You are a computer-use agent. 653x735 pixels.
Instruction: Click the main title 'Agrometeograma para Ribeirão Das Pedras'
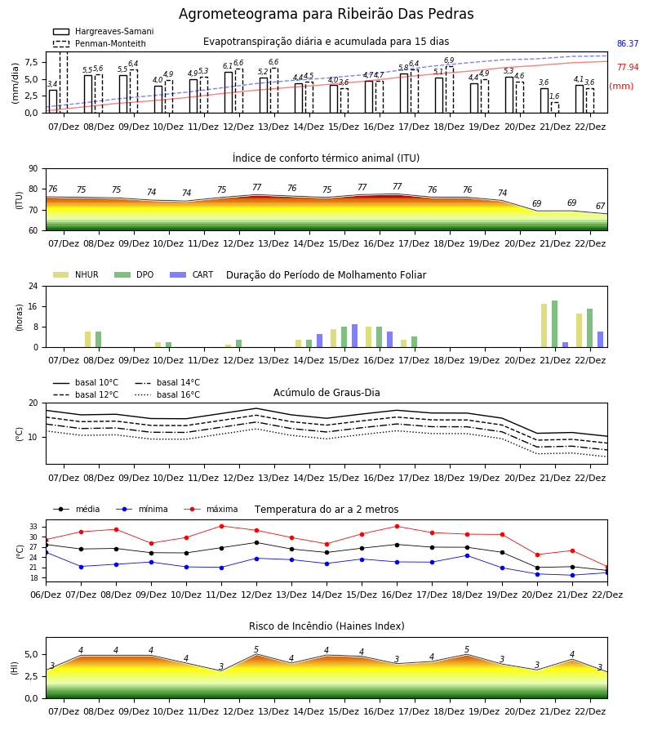pyautogui.click(x=326, y=15)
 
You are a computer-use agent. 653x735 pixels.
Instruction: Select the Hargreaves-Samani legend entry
pyautogui.click(x=104, y=31)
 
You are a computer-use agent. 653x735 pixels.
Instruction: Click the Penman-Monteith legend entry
pyautogui.click(x=100, y=43)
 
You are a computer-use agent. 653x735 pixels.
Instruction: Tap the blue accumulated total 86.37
pyautogui.click(x=628, y=43)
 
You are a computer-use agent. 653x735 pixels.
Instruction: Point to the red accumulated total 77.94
pyautogui.click(x=628, y=68)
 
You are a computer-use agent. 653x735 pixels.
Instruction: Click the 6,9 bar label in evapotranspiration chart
pyautogui.click(x=449, y=60)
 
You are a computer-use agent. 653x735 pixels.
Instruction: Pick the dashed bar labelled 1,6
pyautogui.click(x=554, y=107)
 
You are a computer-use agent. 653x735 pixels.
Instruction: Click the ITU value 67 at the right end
pyautogui.click(x=600, y=207)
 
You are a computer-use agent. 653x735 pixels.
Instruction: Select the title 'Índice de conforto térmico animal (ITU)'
pyautogui.click(x=326, y=158)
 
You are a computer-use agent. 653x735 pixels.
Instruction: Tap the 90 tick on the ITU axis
pyautogui.click(x=33, y=169)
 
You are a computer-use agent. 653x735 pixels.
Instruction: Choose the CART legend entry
pyautogui.click(x=192, y=274)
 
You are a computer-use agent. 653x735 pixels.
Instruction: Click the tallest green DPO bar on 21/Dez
pyautogui.click(x=554, y=324)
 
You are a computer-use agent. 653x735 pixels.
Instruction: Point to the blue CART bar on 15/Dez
pyautogui.click(x=354, y=336)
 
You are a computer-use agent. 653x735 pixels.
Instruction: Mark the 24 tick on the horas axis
pyautogui.click(x=33, y=286)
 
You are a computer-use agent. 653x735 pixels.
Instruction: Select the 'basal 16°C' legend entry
pyautogui.click(x=167, y=395)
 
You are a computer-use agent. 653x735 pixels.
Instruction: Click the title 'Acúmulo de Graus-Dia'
pyautogui.click(x=326, y=393)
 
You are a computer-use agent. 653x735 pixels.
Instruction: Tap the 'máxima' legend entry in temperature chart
pyautogui.click(x=211, y=509)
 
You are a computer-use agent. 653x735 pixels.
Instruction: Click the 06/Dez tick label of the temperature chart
pyautogui.click(x=46, y=595)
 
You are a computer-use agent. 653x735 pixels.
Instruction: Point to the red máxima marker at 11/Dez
pyautogui.click(x=221, y=526)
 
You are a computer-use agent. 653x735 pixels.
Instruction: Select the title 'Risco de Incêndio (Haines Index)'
pyautogui.click(x=326, y=626)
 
